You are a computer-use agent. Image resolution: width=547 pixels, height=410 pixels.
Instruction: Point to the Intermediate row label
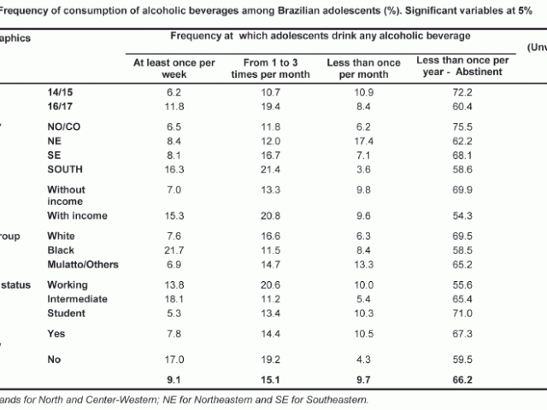(77, 299)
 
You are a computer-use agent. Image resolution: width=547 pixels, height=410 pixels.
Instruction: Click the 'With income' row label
(77, 215)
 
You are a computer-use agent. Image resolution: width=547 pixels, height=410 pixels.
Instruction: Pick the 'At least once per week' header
(170, 70)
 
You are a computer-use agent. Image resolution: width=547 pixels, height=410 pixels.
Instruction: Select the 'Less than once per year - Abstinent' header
(462, 70)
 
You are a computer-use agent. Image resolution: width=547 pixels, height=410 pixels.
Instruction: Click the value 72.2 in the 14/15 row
(462, 91)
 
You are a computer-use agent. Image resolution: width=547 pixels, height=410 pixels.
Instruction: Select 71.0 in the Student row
(462, 314)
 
